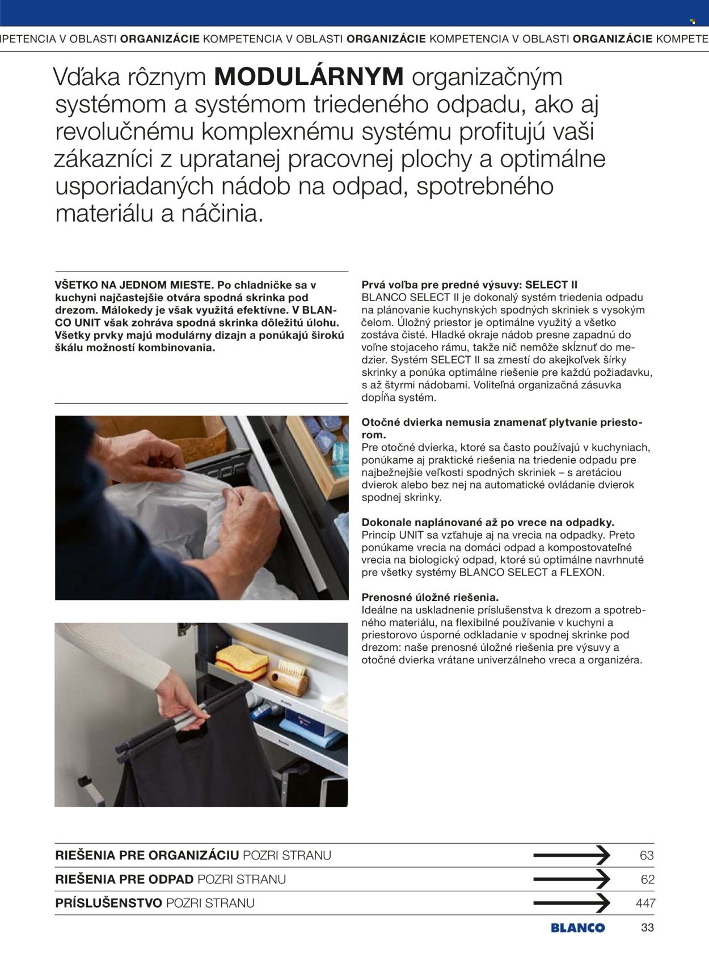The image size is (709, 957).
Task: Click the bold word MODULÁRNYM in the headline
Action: [309, 77]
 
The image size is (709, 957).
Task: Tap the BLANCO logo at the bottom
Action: [577, 928]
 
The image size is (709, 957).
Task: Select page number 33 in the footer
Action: [647, 928]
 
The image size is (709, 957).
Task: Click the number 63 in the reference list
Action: [647, 856]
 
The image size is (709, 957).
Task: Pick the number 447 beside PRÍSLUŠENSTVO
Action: [645, 903]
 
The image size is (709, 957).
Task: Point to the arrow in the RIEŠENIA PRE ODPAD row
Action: [571, 879]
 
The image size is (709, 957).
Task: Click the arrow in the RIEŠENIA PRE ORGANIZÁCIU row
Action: [571, 855]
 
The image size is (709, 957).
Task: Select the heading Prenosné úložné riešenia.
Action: [430, 597]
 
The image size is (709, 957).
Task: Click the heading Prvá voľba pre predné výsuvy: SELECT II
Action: [469, 285]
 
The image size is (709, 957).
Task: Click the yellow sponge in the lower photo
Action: [242, 662]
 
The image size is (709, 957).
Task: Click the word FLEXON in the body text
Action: [581, 572]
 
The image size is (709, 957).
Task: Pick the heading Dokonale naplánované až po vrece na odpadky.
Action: [488, 522]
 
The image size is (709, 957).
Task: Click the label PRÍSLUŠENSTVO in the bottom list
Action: [108, 903]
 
